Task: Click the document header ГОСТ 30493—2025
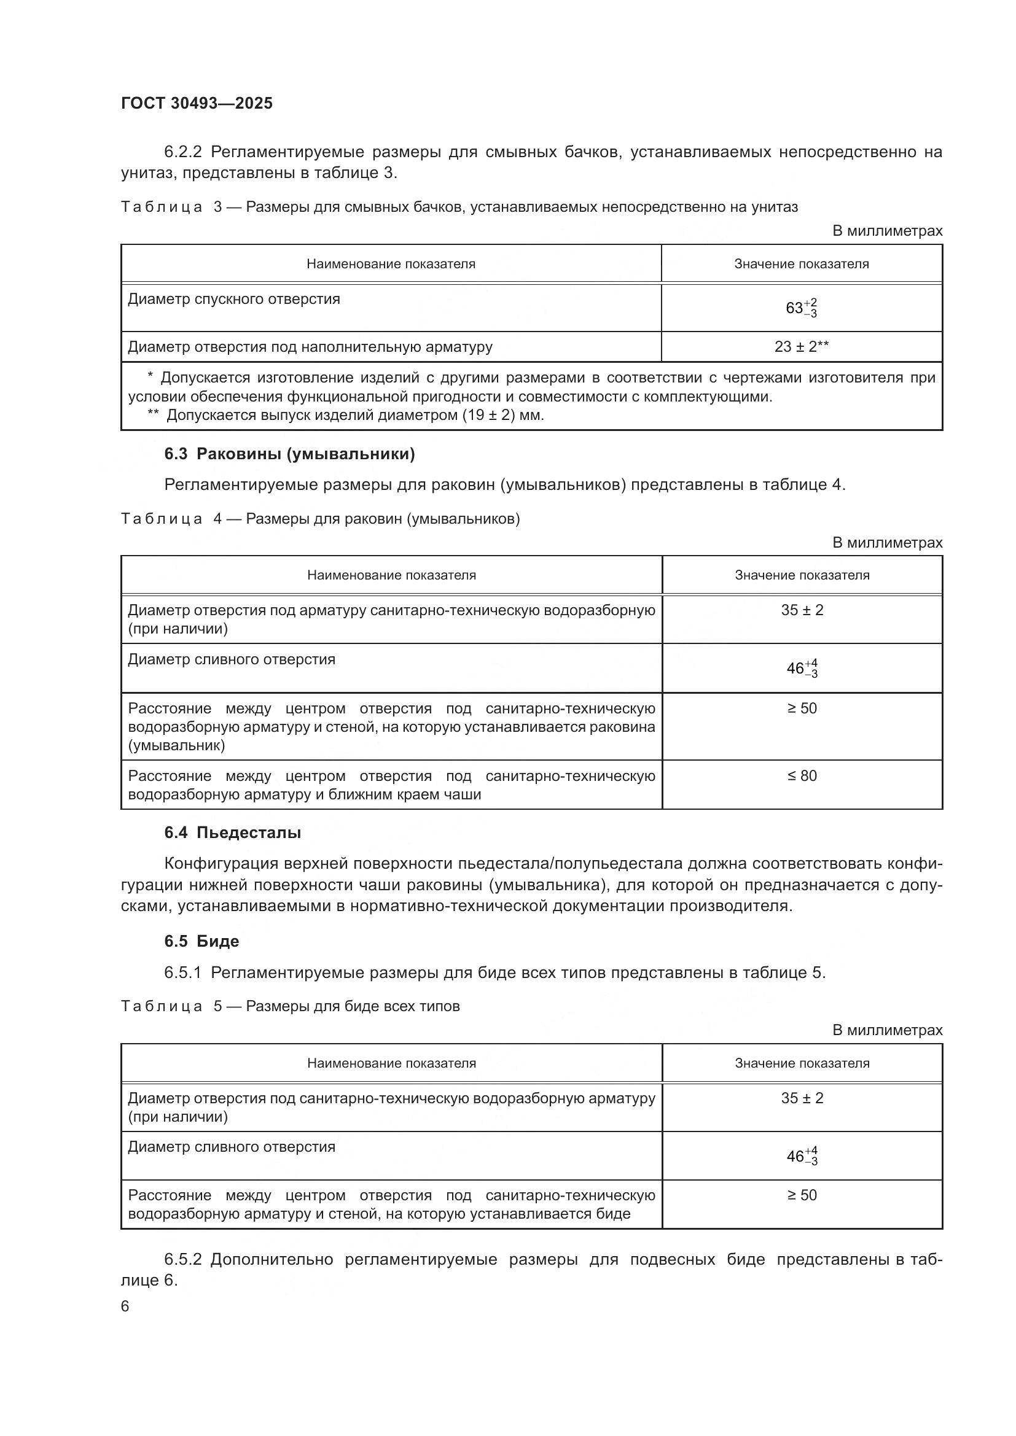(197, 103)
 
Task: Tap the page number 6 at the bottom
(125, 1306)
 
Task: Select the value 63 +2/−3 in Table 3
(801, 308)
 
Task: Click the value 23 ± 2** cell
(801, 346)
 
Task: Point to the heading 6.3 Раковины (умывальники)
(289, 454)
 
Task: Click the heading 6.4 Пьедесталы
(232, 832)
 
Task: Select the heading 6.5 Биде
(201, 941)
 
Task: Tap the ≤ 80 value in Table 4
(802, 775)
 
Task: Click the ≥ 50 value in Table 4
(802, 708)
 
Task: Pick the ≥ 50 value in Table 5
(802, 1195)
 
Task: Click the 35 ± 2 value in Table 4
(802, 610)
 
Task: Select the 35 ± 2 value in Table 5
(802, 1098)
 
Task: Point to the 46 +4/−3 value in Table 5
(802, 1156)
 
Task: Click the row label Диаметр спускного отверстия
(234, 299)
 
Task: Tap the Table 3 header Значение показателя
(801, 264)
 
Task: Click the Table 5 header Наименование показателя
(391, 1063)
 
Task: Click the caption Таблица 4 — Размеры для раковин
(320, 519)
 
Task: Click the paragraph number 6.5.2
(182, 1260)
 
